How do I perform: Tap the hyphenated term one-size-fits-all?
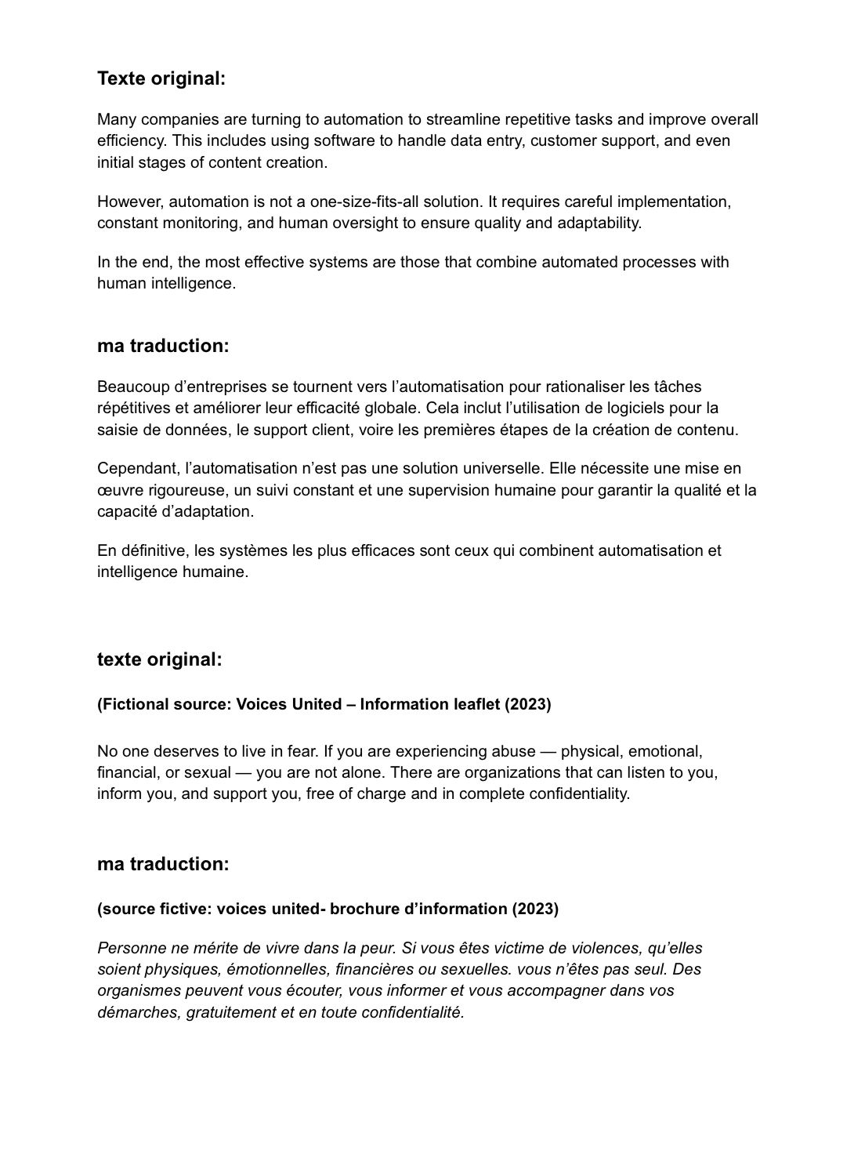[x=365, y=201]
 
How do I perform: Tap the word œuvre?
[x=117, y=490]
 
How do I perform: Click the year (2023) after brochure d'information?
[x=535, y=909]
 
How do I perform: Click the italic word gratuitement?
[x=230, y=1012]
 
